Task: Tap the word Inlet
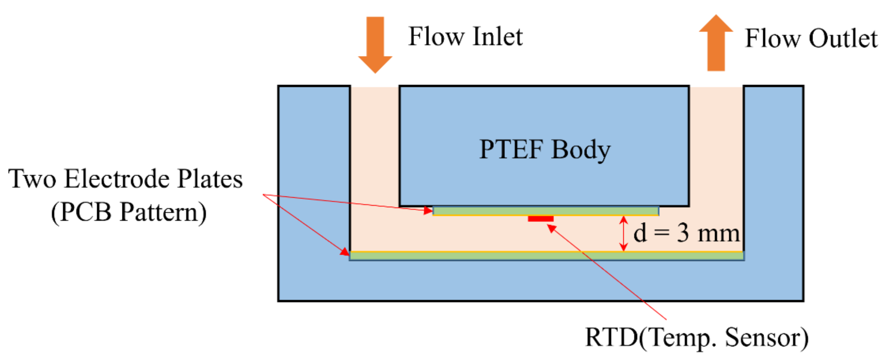point(498,36)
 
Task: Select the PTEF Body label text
point(545,149)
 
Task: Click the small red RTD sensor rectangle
point(541,219)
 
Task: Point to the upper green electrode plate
point(546,210)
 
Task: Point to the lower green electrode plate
point(546,256)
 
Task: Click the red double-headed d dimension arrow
point(623,233)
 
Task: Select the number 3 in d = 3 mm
point(683,233)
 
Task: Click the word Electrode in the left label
point(117,179)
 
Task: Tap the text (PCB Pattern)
point(129,212)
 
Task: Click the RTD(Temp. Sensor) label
point(697,337)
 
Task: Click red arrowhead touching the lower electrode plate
point(345,252)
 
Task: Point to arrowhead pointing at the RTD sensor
point(552,228)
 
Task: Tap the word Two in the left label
point(32,179)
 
